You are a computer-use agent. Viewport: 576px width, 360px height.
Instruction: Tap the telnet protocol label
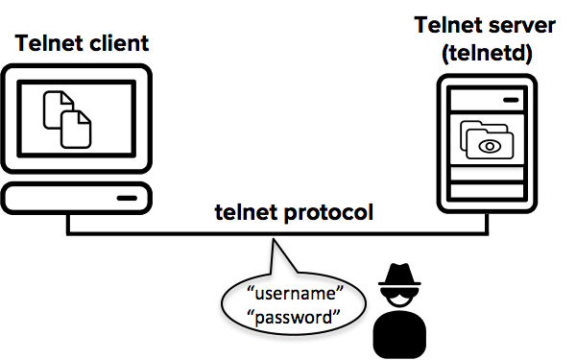point(293,212)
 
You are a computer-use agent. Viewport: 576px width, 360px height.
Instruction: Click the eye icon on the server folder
point(491,147)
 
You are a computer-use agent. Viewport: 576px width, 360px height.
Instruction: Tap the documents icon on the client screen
point(68,118)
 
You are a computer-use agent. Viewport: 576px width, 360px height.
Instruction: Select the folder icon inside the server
point(486,139)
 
